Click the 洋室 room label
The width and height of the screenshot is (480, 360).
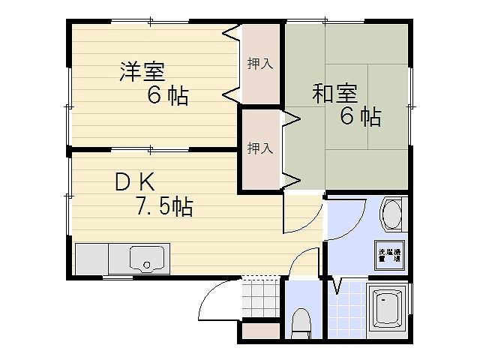click(142, 72)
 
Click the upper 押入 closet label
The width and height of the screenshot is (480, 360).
click(259, 64)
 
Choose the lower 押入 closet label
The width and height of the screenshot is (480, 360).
click(259, 148)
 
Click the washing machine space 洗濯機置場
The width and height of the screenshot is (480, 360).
click(389, 256)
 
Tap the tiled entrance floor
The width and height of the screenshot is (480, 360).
click(260, 298)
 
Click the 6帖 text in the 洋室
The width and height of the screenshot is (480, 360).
click(167, 96)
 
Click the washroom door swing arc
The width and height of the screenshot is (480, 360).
click(346, 219)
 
